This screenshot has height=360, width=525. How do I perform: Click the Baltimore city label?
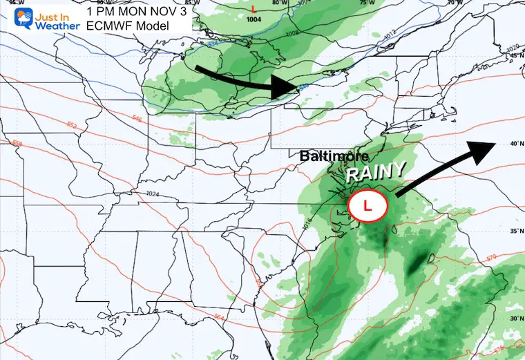coord(334,157)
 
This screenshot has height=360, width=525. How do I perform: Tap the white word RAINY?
coord(374,172)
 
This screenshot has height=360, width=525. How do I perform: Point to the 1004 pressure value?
coord(257,19)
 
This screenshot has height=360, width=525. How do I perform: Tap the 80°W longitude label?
coord(279,3)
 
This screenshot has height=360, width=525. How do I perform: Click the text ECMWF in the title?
coord(110,26)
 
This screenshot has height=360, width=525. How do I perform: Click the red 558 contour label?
coord(17,143)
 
